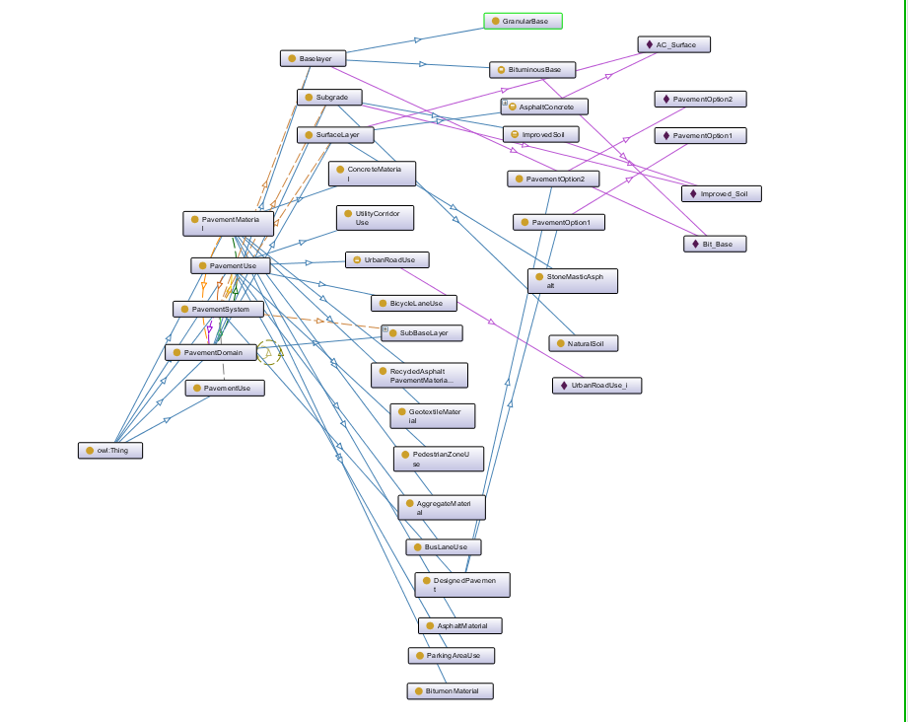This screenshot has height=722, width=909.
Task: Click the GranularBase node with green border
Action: click(523, 21)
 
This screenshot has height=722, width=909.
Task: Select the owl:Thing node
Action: click(110, 451)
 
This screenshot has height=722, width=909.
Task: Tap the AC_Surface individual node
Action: click(674, 44)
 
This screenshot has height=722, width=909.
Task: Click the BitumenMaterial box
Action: click(451, 691)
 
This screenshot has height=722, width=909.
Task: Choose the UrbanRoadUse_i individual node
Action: click(597, 385)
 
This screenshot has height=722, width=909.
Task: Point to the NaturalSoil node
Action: click(584, 343)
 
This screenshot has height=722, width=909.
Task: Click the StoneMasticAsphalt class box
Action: click(573, 281)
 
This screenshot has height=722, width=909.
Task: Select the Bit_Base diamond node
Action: click(715, 245)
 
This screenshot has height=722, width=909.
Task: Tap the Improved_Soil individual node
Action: click(722, 193)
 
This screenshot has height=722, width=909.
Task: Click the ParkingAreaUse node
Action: click(452, 656)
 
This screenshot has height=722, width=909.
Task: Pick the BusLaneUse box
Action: click(444, 546)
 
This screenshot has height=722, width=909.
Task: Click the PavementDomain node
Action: click(211, 352)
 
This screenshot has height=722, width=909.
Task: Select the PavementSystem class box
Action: click(218, 309)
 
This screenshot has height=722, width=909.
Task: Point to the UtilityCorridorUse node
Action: click(375, 218)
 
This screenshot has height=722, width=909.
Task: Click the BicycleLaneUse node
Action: click(414, 303)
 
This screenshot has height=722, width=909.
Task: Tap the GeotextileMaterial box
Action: click(433, 416)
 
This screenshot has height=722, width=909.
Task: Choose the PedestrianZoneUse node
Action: click(439, 459)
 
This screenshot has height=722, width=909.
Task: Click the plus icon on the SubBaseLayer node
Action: click(385, 328)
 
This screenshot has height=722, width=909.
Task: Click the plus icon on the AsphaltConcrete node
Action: click(505, 103)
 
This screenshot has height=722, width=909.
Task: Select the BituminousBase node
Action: click(532, 70)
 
